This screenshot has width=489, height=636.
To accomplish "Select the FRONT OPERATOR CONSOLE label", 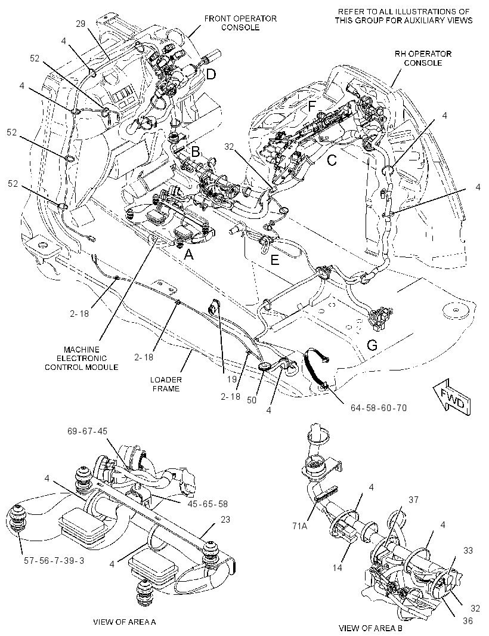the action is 240,23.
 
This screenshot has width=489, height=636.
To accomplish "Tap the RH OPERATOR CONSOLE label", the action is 422,58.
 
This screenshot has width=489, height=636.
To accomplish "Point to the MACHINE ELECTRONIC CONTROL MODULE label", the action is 82,358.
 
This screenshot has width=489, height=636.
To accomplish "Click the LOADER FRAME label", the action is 166,384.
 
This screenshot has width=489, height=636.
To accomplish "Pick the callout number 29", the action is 81,24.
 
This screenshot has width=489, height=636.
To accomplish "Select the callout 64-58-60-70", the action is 378,407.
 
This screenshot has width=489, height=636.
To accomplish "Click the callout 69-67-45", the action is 87,431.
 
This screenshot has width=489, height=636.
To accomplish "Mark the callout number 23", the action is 225,520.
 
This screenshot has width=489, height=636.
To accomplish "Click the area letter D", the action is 211,74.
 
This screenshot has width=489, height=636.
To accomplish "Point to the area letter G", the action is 372,345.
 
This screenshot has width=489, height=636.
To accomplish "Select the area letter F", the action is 311,106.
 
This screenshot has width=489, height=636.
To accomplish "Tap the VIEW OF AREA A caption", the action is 125,622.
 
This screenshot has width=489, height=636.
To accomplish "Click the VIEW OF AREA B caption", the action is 370,628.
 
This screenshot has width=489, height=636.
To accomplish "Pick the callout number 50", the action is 252,400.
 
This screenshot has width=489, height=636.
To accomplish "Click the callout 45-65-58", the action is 207,504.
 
